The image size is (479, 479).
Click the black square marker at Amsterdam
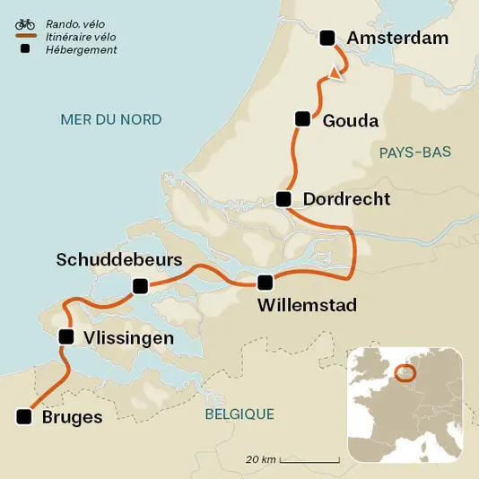[327, 37]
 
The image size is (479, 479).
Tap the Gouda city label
[350, 121]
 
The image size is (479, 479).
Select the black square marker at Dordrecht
[283, 199]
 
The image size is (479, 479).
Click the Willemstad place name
[307, 306]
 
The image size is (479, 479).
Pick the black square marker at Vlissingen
[65, 337]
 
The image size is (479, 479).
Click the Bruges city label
[72, 417]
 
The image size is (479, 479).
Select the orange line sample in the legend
[25, 36]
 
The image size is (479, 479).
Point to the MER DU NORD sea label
[110, 119]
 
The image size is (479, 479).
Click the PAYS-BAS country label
[414, 152]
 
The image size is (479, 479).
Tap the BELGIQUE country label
[239, 414]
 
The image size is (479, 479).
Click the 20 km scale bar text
[261, 460]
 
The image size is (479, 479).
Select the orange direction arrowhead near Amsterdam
[336, 74]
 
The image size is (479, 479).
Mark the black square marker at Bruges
[23, 416]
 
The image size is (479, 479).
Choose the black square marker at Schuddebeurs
[139, 286]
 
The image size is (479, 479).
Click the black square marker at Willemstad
[264, 283]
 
